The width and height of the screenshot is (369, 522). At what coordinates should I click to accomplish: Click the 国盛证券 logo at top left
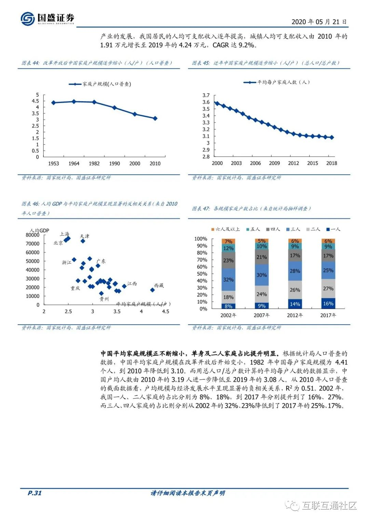tap(47, 18)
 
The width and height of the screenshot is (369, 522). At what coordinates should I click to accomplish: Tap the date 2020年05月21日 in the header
tap(319, 22)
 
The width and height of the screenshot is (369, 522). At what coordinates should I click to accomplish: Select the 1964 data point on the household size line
tap(74, 102)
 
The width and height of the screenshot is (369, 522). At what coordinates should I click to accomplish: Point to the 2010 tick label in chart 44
tap(155, 164)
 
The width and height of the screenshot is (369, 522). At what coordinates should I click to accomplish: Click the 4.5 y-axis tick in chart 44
tap(35, 101)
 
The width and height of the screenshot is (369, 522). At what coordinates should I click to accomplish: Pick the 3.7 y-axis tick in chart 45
tap(206, 95)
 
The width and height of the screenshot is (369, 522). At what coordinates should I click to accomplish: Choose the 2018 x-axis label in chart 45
tap(331, 163)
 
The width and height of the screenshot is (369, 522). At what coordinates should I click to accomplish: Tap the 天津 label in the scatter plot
tap(84, 236)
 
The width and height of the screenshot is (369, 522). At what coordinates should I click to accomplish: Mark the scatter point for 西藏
tap(152, 290)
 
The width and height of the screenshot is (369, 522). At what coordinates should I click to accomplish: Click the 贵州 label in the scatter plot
tap(104, 299)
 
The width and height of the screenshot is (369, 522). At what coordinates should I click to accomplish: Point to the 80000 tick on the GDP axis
tap(32, 235)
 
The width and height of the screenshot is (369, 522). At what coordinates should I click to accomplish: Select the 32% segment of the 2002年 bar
tap(228, 279)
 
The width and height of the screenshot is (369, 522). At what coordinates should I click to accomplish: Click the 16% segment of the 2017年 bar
tap(328, 303)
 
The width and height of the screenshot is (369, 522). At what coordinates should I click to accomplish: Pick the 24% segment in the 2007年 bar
tap(261, 294)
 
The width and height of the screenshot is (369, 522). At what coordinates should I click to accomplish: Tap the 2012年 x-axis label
tap(295, 315)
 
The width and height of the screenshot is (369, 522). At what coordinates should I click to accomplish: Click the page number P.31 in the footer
tap(35, 493)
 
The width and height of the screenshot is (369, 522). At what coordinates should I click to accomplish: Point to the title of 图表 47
tap(251, 208)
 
